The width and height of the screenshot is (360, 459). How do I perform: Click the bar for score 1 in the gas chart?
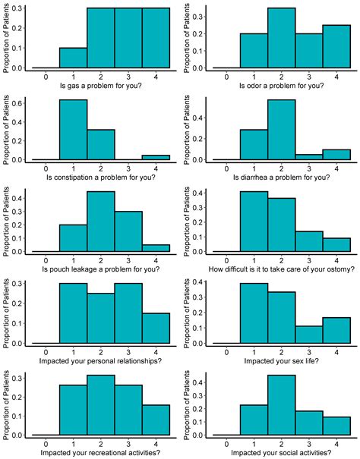tap(73, 58)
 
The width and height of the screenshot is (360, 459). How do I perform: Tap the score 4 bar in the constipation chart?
tap(156, 157)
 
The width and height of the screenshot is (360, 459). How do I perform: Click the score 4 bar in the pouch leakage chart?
tap(156, 248)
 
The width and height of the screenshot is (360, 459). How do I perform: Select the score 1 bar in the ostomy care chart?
tap(254, 222)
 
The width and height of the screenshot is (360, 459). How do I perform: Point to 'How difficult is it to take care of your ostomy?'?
tap(282, 266)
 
